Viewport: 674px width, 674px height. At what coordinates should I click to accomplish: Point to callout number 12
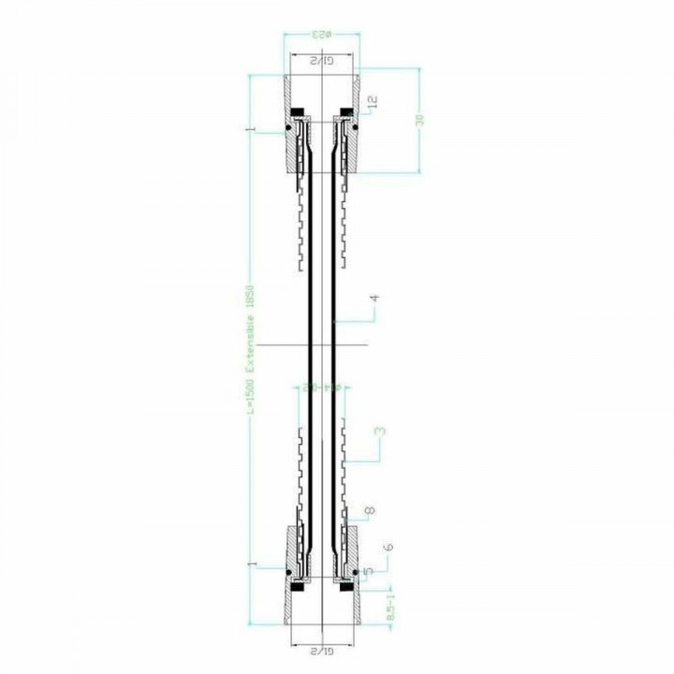pyautogui.click(x=373, y=101)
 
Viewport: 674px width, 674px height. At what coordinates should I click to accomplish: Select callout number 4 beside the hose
pyautogui.click(x=374, y=300)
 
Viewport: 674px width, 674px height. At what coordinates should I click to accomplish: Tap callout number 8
pyautogui.click(x=371, y=511)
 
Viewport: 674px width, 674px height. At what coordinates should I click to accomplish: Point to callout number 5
pyautogui.click(x=369, y=570)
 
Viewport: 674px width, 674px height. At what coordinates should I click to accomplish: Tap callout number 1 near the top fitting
pyautogui.click(x=250, y=128)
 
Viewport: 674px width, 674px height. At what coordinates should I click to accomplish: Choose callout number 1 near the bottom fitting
pyautogui.click(x=250, y=563)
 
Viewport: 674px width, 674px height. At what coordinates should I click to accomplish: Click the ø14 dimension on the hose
pyautogui.click(x=320, y=385)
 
